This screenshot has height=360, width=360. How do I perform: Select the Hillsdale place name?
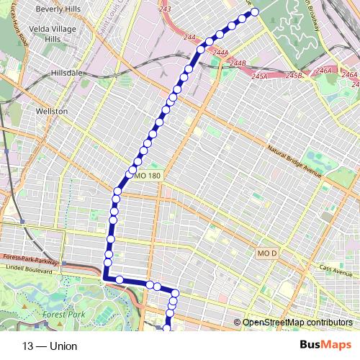pos(68,73)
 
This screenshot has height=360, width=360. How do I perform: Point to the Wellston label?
pos(50,112)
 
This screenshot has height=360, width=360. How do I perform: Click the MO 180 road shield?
pos(145,175)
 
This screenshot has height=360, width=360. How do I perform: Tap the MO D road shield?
pos(266,253)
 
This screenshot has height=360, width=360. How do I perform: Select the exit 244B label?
pos(238,63)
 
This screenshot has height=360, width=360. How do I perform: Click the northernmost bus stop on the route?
pos(254,12)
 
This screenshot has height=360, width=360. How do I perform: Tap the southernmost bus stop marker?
pos(167,328)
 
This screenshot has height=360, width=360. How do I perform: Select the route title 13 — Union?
pos(50,346)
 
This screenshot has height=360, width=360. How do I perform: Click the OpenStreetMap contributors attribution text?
pos(297,322)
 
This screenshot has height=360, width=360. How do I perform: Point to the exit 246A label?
pos(325,71)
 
